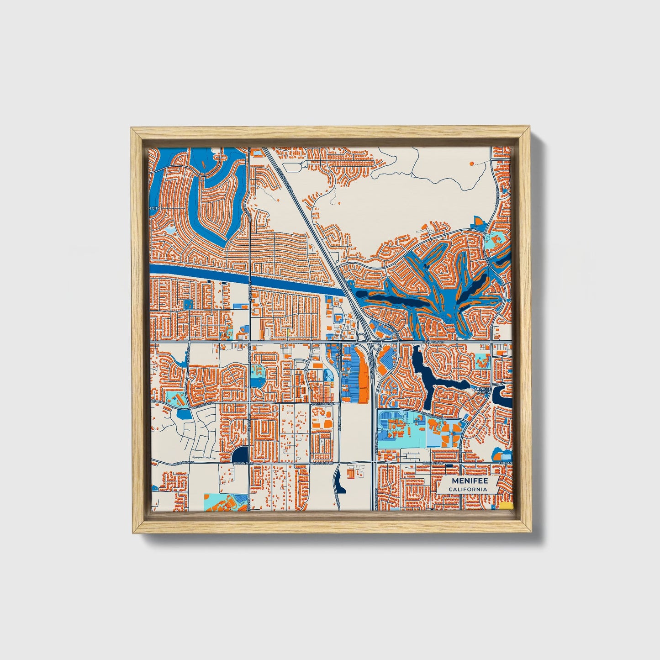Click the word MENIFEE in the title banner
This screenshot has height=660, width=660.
click(470, 481)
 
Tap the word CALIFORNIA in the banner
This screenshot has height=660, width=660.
click(467, 489)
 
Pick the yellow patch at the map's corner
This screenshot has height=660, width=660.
click(506, 507)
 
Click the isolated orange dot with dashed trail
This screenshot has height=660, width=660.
click(471, 163)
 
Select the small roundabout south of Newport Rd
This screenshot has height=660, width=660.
click(301, 364)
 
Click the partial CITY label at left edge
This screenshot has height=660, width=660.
click(155, 209)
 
